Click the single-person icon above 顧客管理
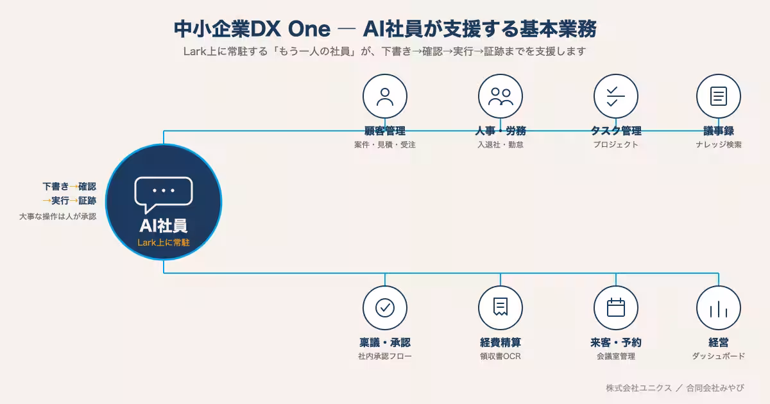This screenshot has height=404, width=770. pyautogui.click(x=385, y=97)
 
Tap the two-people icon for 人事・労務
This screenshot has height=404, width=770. pyautogui.click(x=501, y=97)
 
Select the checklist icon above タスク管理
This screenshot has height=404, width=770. pyautogui.click(x=615, y=97)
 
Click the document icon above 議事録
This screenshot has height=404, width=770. pyautogui.click(x=719, y=96)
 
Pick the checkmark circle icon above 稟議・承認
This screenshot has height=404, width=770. pyautogui.click(x=385, y=308)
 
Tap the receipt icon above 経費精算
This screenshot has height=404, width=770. pyautogui.click(x=501, y=307)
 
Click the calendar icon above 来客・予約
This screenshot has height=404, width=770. pyautogui.click(x=615, y=307)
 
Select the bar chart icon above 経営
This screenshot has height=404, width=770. pyautogui.click(x=719, y=309)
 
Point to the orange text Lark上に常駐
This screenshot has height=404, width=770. pyautogui.click(x=163, y=242)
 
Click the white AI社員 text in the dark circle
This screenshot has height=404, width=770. pyautogui.click(x=163, y=226)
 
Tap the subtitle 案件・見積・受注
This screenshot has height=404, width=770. pyautogui.click(x=385, y=145)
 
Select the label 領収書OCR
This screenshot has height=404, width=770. pyautogui.click(x=501, y=357)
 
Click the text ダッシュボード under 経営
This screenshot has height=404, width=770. pyautogui.click(x=719, y=356)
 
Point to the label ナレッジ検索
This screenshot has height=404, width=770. pyautogui.click(x=719, y=145)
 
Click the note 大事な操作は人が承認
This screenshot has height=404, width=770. pyautogui.click(x=58, y=217)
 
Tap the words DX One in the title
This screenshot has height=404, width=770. pyautogui.click(x=291, y=29)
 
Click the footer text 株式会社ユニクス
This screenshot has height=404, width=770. pyautogui.click(x=638, y=388)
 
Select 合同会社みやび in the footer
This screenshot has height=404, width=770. pyautogui.click(x=715, y=388)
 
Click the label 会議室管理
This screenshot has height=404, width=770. pyautogui.click(x=615, y=357)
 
